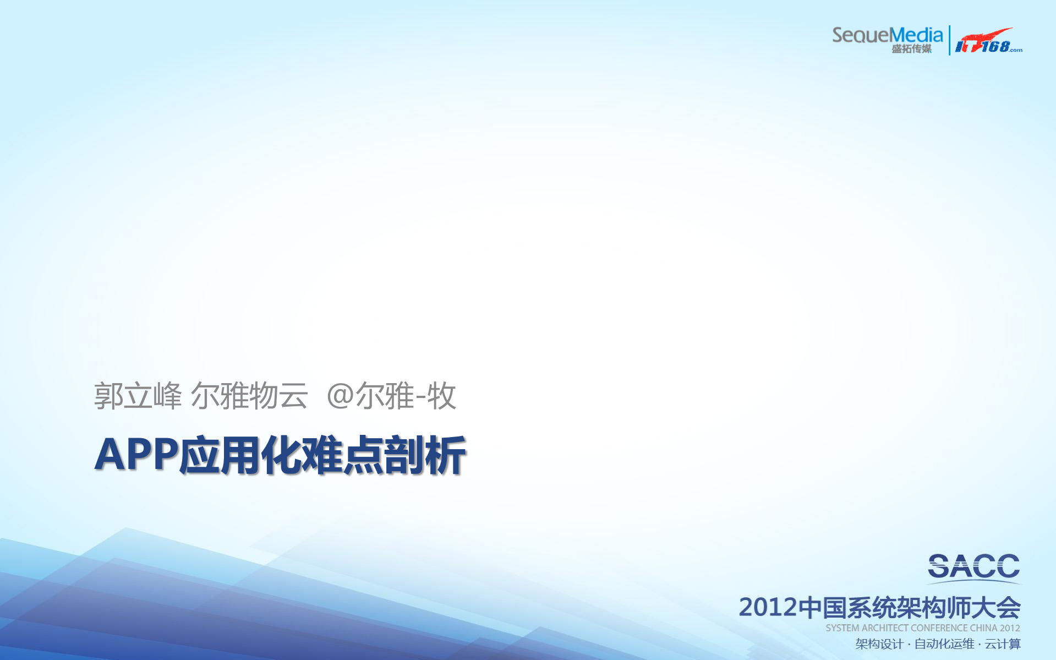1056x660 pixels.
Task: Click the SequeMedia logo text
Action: (887, 35)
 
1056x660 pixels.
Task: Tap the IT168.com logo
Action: (988, 41)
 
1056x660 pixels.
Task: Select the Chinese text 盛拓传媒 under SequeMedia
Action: (911, 49)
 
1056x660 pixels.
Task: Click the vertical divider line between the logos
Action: (949, 40)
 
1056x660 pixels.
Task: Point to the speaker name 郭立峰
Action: (138, 395)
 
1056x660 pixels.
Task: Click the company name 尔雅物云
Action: (249, 395)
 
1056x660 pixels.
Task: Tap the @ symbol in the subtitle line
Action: (340, 396)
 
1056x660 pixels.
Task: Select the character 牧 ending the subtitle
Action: (441, 396)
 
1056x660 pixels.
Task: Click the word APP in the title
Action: (136, 455)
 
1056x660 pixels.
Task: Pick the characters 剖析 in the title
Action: (425, 455)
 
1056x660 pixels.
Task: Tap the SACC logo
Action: (973, 567)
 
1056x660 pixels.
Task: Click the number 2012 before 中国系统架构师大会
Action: (768, 607)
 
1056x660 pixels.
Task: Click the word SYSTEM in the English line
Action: (842, 628)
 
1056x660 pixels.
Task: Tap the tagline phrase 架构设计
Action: (879, 644)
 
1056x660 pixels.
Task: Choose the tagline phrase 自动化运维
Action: (944, 644)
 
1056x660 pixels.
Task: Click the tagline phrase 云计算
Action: (1003, 644)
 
